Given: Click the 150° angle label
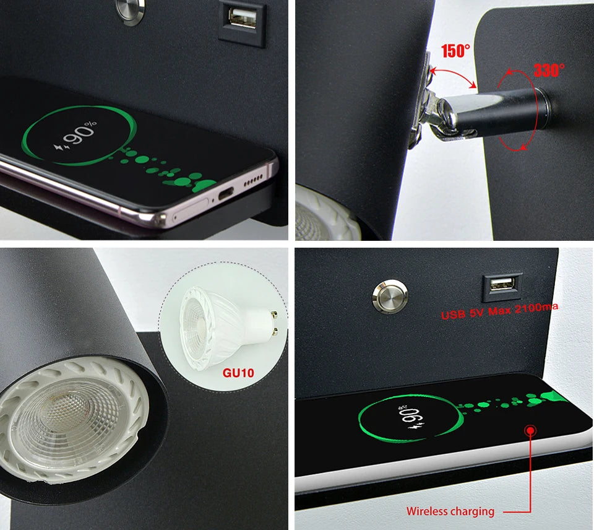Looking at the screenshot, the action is pyautogui.click(x=455, y=51).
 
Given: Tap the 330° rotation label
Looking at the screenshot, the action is pyautogui.click(x=549, y=70).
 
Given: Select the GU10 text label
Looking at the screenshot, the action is pyautogui.click(x=238, y=373).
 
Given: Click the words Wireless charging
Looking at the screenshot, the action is pyautogui.click(x=450, y=511).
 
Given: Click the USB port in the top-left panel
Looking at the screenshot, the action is pyautogui.click(x=242, y=17).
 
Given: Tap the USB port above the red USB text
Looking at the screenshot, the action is pyautogui.click(x=501, y=284).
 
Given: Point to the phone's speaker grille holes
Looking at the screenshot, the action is pyautogui.click(x=254, y=181).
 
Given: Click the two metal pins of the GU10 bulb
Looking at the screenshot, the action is pyautogui.click(x=273, y=321).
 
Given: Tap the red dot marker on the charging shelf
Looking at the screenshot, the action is pyautogui.click(x=530, y=430).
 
